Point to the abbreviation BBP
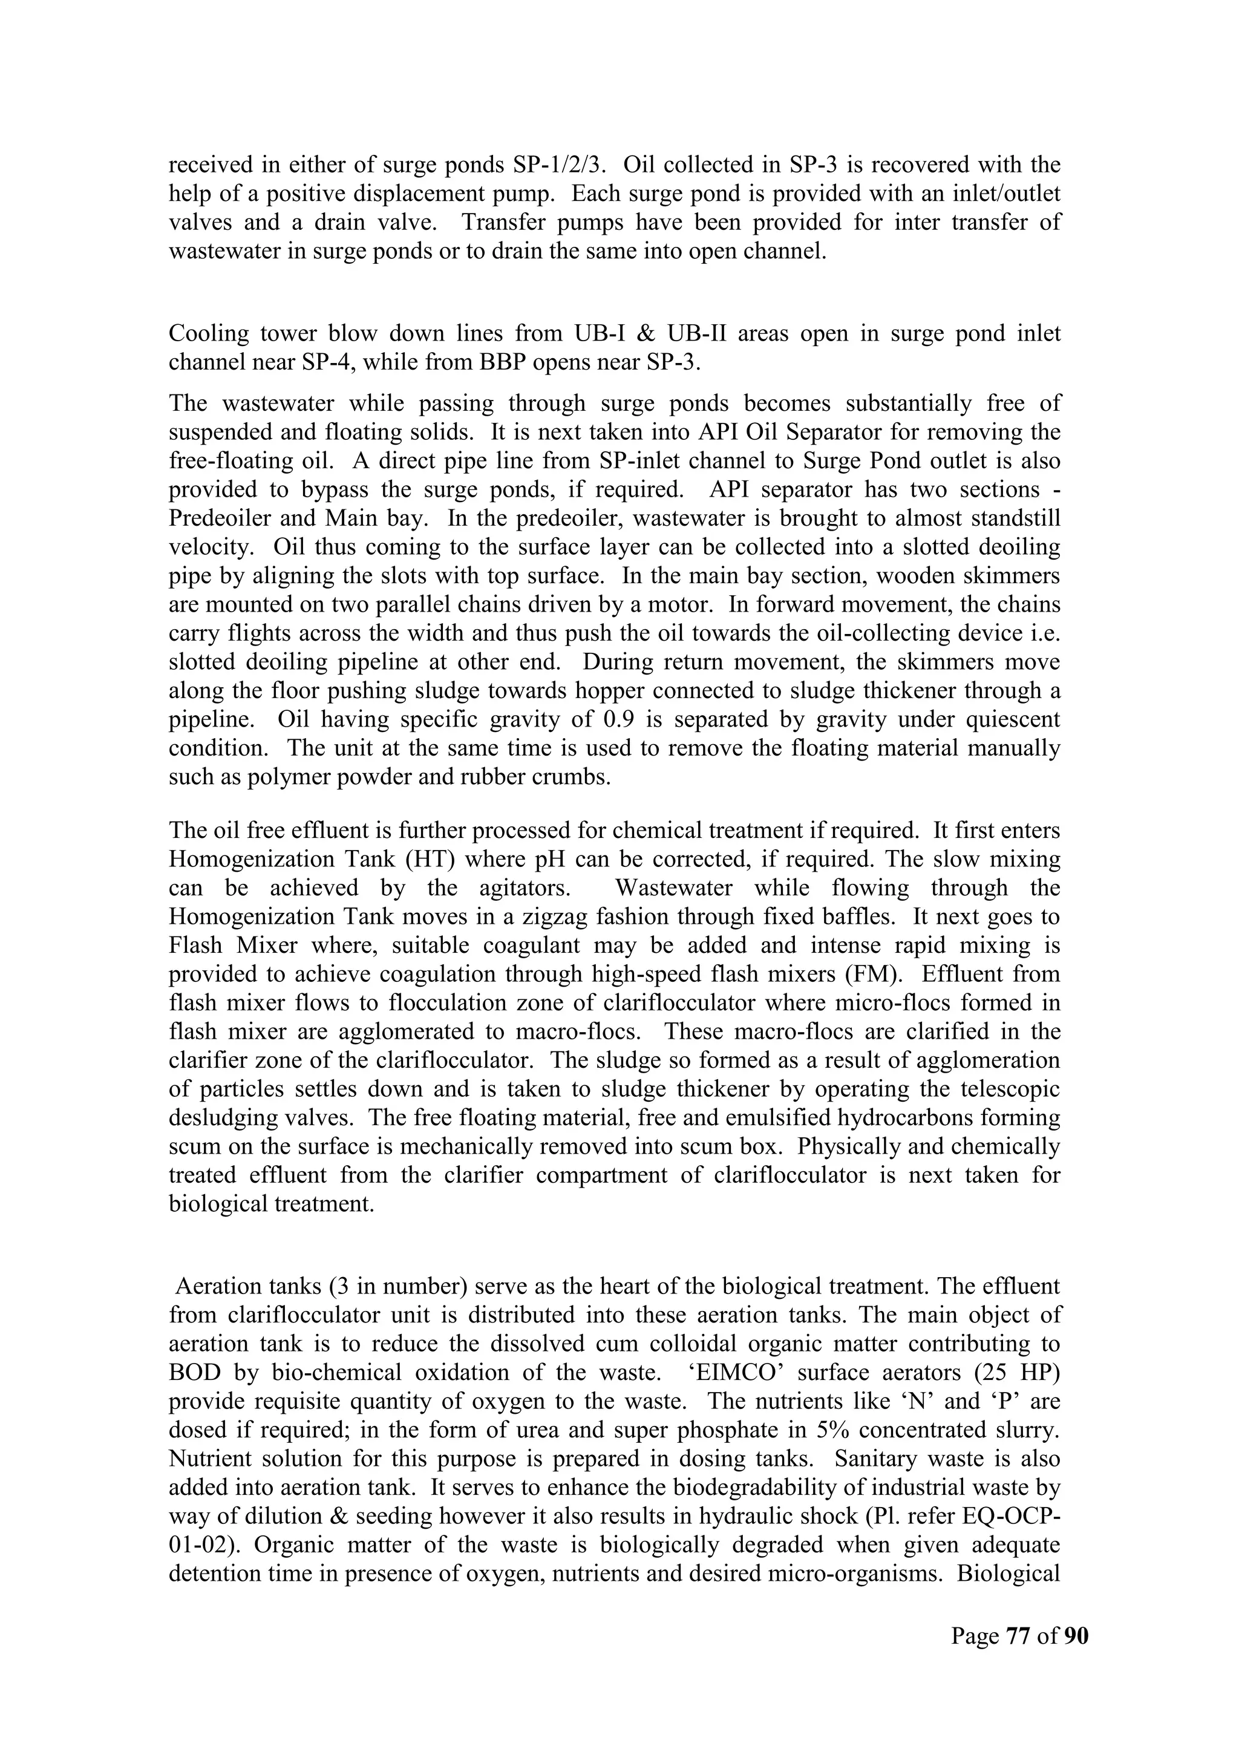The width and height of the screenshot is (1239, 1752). point(503,362)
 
